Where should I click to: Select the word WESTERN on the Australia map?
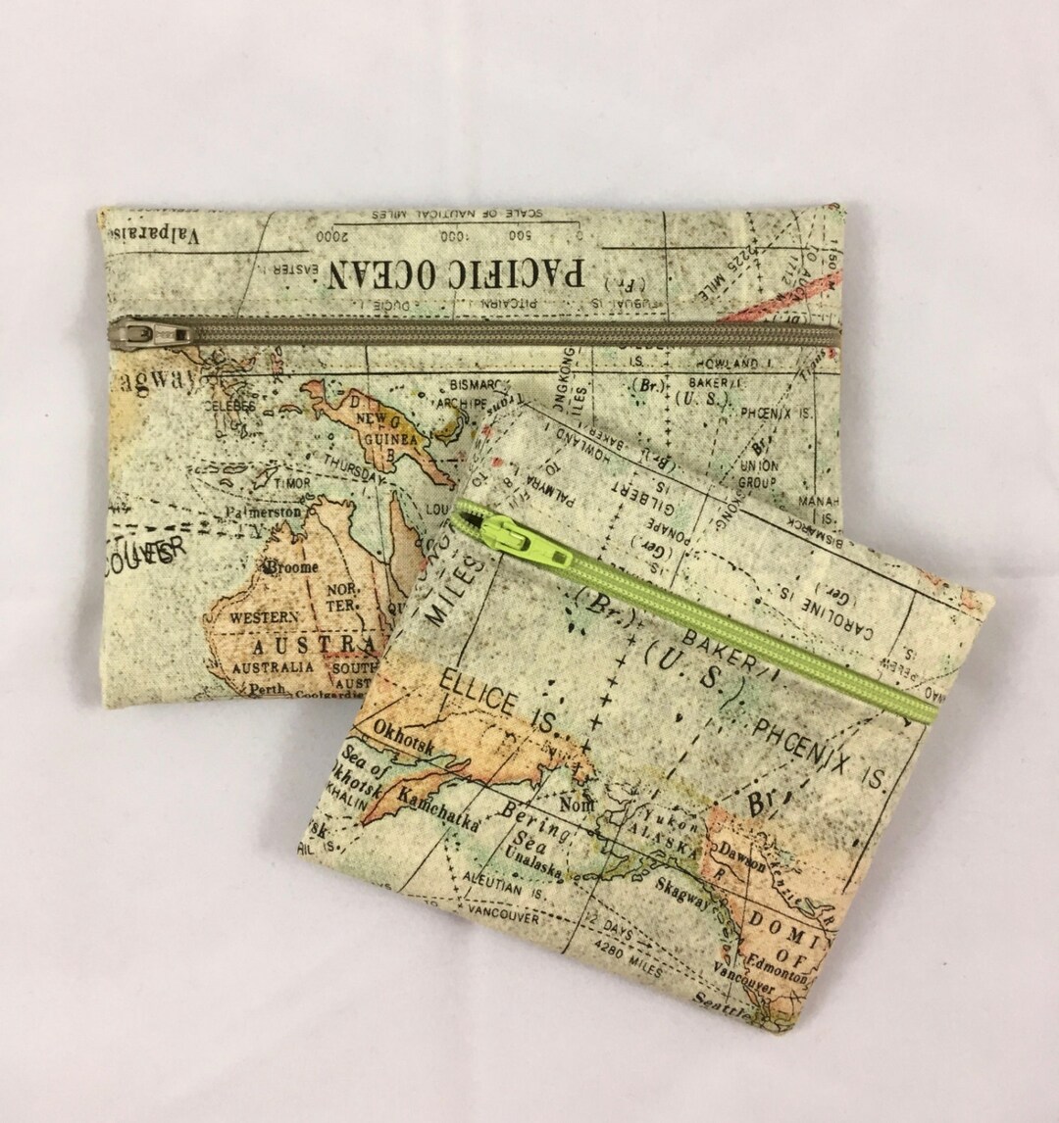point(265,617)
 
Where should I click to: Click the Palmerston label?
point(263,512)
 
